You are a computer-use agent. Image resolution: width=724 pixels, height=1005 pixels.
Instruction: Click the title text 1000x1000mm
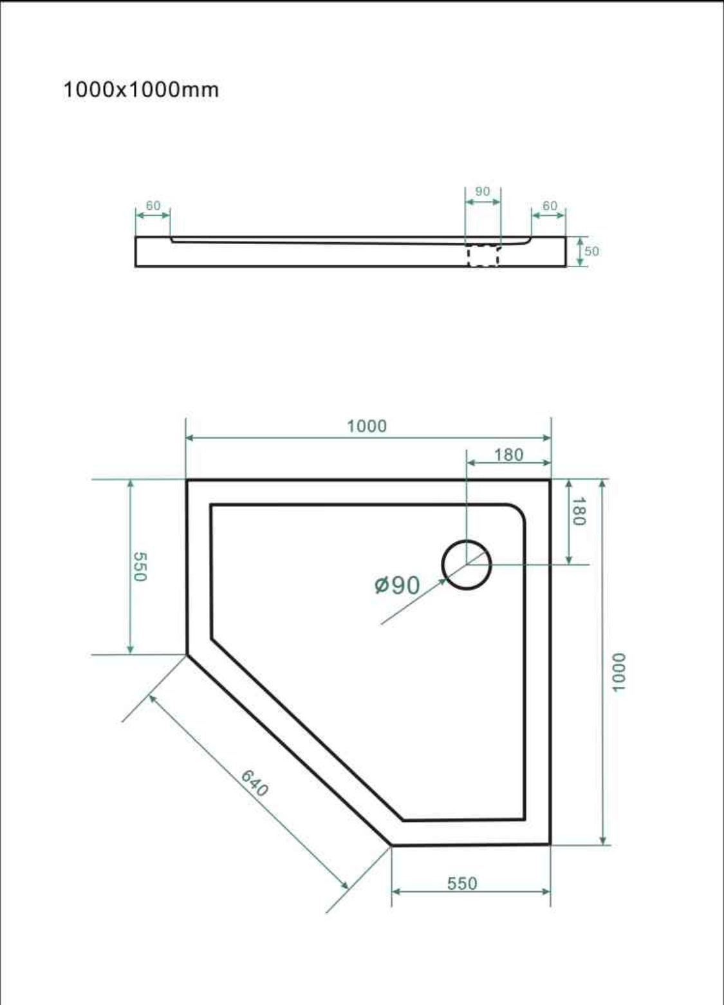point(142,89)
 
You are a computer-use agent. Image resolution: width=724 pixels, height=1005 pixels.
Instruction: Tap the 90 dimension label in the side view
point(483,192)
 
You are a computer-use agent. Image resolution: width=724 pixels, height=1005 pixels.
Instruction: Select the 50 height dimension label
point(591,251)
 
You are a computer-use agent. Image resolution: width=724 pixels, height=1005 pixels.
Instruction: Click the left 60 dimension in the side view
point(153,205)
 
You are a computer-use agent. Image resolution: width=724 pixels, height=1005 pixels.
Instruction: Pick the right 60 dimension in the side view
point(550,205)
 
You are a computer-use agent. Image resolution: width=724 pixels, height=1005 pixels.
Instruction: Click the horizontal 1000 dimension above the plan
point(367,426)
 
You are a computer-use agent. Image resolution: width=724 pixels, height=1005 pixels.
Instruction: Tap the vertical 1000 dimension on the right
point(618,673)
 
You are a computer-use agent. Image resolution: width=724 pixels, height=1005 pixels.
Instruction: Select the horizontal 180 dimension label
point(509,455)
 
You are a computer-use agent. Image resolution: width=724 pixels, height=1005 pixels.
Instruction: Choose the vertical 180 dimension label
point(579,511)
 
